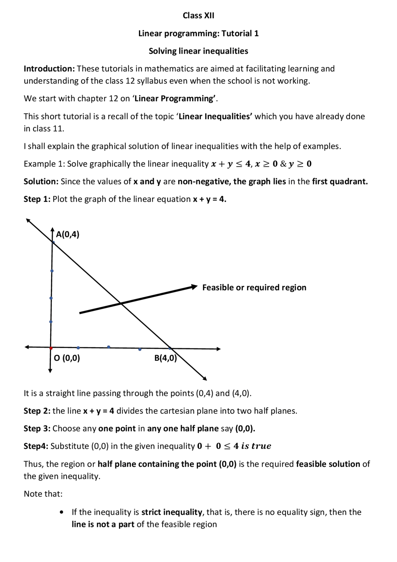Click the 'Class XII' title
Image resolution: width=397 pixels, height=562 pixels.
pyautogui.click(x=198, y=16)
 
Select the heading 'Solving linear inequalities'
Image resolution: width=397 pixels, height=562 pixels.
pyautogui.click(x=198, y=51)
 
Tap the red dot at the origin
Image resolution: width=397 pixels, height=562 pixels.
pyautogui.click(x=51, y=348)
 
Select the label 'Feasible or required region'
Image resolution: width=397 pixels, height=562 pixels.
pyautogui.click(x=254, y=287)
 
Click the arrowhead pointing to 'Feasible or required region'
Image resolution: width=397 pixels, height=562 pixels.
pyautogui.click(x=194, y=286)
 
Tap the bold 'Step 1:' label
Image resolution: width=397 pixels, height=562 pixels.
pyautogui.click(x=37, y=199)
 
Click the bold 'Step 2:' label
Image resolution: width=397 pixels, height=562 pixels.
pyautogui.click(x=37, y=411)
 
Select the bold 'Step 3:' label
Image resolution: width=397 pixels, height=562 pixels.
pyautogui.click(x=37, y=429)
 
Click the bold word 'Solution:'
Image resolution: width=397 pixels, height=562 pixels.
pyautogui.click(x=41, y=181)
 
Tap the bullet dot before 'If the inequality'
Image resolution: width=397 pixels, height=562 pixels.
pyautogui.click(x=62, y=512)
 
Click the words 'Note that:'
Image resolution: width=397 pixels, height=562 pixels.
pyautogui.click(x=43, y=494)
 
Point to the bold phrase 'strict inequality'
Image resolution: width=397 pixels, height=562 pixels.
pyautogui.click(x=172, y=512)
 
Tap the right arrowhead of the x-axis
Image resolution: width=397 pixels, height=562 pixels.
pyautogui.click(x=218, y=349)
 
